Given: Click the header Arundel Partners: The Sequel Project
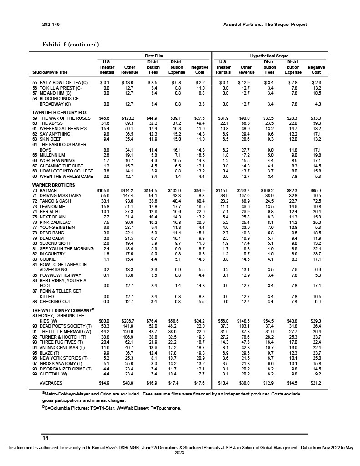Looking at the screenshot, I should click(266, 25).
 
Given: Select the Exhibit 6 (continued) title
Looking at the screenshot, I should click(70, 44).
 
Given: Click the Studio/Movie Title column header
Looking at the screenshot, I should click(50, 72).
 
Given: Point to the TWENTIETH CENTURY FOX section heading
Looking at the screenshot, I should click(59, 112).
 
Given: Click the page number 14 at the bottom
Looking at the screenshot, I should click(45, 438).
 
